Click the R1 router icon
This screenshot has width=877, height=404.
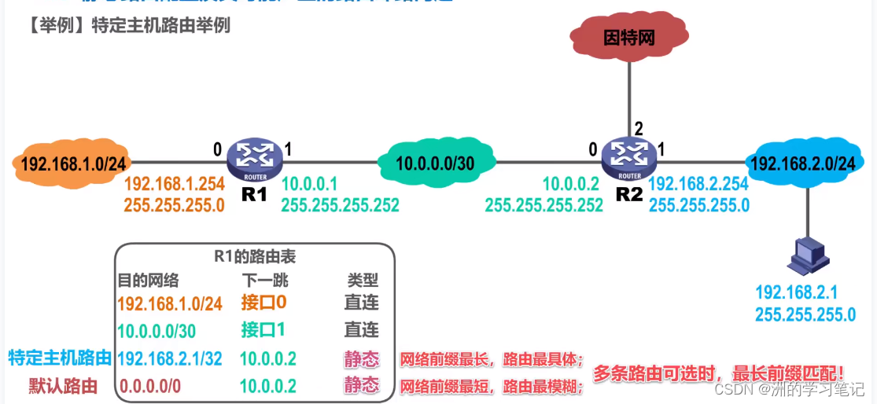tap(254, 160)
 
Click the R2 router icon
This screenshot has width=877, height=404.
tap(628, 160)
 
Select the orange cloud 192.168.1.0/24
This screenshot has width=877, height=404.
tap(72, 164)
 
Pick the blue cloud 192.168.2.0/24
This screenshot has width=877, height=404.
tap(802, 164)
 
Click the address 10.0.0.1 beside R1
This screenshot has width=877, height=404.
tap(309, 184)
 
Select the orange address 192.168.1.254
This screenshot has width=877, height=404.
tap(175, 184)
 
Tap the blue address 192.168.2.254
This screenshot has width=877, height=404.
tap(698, 184)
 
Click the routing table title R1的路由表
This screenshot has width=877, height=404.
tap(255, 256)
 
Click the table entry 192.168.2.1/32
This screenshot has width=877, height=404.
tap(170, 359)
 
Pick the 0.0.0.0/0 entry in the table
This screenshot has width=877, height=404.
tap(149, 386)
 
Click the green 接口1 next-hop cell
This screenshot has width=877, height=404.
tap(263, 330)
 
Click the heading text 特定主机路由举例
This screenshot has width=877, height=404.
tap(161, 25)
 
